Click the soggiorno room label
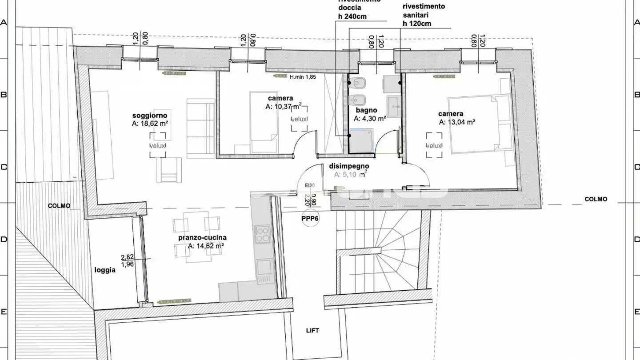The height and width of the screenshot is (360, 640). point(149,116)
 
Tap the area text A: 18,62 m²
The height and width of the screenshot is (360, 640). point(150,124)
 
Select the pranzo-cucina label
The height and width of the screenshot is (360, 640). point(202,238)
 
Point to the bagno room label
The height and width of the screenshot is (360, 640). point(366,110)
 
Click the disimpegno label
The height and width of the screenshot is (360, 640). point(349,166)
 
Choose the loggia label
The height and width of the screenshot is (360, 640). point(105,270)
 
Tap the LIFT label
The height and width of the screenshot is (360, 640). point(312,331)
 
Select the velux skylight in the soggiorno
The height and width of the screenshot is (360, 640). point(158,146)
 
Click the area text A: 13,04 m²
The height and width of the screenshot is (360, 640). point(457,122)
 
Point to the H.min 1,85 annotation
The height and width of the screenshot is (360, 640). point(303,77)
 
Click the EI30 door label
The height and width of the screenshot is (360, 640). point(310,186)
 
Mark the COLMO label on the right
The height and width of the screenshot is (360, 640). point(596,200)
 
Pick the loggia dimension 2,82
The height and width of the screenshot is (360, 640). point(127,257)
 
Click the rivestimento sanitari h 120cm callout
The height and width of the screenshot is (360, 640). point(424,15)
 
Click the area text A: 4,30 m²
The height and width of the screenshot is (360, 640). point(370,119)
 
